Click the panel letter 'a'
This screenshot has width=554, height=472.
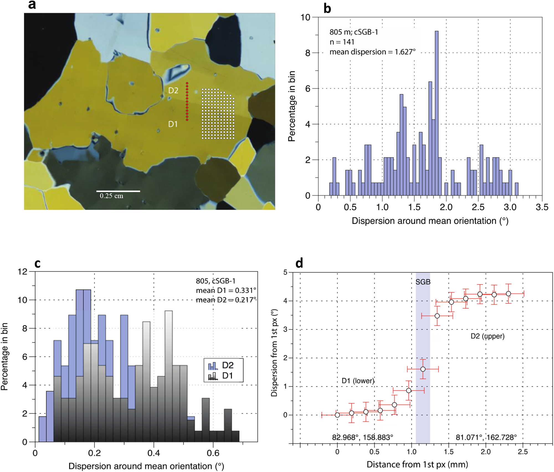point(32,5)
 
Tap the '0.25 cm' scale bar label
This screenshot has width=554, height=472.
point(111,196)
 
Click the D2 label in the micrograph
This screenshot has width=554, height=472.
point(173,90)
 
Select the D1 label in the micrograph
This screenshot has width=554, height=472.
point(173,124)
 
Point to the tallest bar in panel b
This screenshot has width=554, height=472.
point(437,113)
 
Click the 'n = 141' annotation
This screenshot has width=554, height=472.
point(342,42)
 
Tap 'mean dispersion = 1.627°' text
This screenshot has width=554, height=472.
point(373,52)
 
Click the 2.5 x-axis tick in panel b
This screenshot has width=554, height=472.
point(478,207)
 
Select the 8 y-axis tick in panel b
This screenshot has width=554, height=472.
point(308,53)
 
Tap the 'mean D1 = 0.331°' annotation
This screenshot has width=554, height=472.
point(226,290)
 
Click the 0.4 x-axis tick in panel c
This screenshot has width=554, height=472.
point(154,453)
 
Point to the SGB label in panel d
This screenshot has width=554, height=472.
point(423,282)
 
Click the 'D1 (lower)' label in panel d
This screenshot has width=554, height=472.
point(358,381)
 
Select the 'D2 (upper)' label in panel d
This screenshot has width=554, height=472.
point(488,336)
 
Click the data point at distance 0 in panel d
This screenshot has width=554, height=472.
point(337,415)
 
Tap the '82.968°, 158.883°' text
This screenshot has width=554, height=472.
point(363,437)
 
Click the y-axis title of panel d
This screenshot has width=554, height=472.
point(274,353)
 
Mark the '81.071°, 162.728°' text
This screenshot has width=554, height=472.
point(486,437)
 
